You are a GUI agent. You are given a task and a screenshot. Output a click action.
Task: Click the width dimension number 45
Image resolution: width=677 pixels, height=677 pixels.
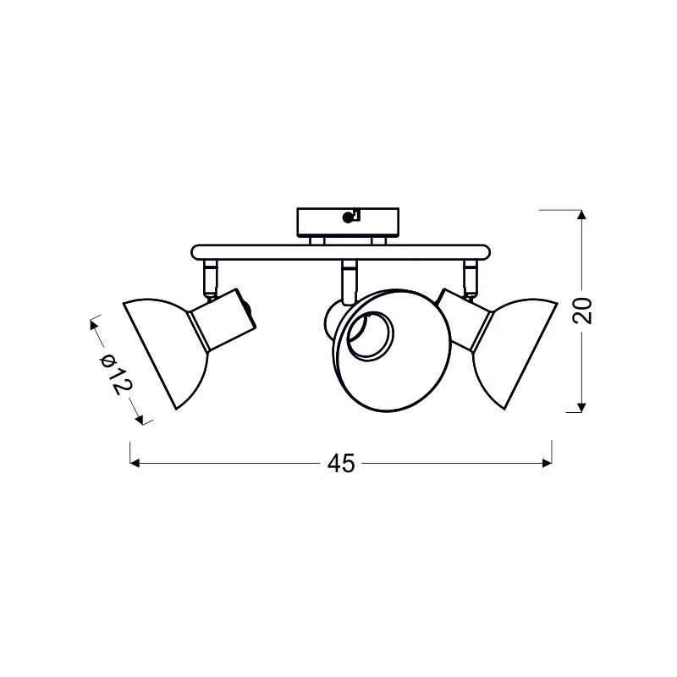coord(341,464)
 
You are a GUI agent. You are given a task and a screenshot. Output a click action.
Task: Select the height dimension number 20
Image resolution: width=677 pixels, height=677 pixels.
coord(582,311)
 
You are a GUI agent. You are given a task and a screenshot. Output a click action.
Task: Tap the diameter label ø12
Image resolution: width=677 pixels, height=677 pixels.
coord(116,374)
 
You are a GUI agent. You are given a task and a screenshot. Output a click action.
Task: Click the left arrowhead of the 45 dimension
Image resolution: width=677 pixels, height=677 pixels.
coord(135,463)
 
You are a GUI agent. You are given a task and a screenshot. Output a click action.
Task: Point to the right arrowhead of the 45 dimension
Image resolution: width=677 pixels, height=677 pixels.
coord(547,463)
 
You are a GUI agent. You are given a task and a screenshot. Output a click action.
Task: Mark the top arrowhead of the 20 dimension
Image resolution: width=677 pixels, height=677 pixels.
coord(581,215)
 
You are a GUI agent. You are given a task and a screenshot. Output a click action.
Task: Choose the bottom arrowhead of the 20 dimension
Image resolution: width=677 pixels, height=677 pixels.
coord(581,408)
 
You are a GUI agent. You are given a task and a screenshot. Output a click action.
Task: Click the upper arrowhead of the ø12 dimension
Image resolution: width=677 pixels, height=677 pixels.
coord(94,324)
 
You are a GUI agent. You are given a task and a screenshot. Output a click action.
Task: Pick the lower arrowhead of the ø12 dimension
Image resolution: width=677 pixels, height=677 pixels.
coord(139,419)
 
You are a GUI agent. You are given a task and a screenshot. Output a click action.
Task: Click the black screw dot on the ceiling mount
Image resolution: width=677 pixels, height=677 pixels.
coord(347,218)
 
